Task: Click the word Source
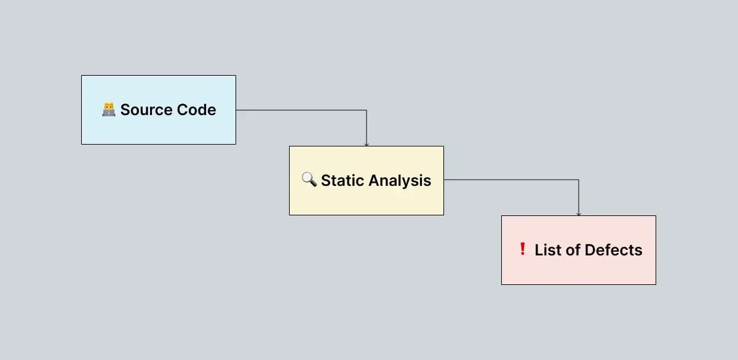pyautogui.click(x=138, y=110)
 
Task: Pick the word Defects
pyautogui.click(x=613, y=250)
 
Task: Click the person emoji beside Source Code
pyautogui.click(x=108, y=110)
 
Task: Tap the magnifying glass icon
pyautogui.click(x=309, y=180)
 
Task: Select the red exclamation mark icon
pyautogui.click(x=522, y=249)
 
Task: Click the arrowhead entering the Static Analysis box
pyautogui.click(x=367, y=144)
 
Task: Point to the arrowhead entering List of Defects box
pyautogui.click(x=579, y=214)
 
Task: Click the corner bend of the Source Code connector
pyautogui.click(x=367, y=110)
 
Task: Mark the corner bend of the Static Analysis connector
pyautogui.click(x=579, y=180)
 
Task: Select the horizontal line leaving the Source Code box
pyautogui.click(x=301, y=110)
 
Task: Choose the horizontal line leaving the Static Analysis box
pyautogui.click(x=510, y=180)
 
